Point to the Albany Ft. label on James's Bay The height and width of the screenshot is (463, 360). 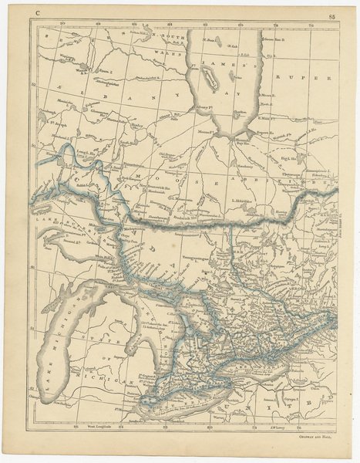pyautogui.click(x=204, y=105)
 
